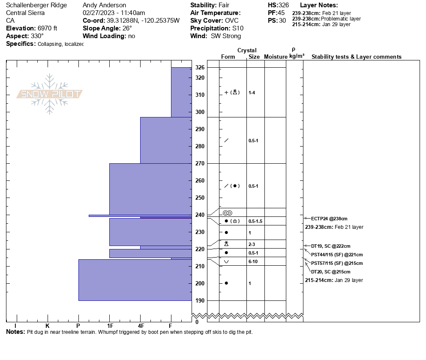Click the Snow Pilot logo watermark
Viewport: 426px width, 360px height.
click(50, 94)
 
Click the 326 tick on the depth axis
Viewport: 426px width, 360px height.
click(200, 68)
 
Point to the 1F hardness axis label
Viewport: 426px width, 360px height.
click(110, 326)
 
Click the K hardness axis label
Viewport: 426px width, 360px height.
click(48, 326)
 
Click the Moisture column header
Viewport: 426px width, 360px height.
click(276, 57)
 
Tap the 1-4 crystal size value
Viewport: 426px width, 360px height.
click(252, 93)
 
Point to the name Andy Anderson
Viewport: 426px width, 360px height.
click(104, 5)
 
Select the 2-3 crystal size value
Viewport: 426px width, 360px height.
click(252, 244)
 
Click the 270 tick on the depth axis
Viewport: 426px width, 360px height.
click(200, 163)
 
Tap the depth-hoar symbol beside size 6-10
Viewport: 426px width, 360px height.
click(226, 261)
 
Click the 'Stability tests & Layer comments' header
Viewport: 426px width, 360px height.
click(356, 57)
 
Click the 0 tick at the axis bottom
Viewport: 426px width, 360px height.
click(197, 322)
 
